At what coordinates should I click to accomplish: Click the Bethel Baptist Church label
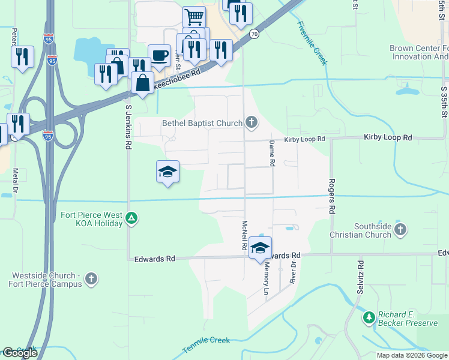(x=202, y=124)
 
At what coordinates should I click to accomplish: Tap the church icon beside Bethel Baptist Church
(x=252, y=124)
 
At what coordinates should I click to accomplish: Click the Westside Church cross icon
(x=91, y=278)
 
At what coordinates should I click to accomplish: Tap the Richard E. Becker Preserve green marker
(x=369, y=316)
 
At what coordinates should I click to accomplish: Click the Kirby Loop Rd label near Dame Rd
(x=304, y=139)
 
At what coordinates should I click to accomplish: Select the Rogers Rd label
(x=331, y=197)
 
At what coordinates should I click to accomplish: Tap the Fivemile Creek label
(x=312, y=43)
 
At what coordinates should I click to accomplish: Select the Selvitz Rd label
(x=360, y=280)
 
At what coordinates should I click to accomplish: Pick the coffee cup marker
(x=159, y=55)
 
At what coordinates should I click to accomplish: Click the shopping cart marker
(x=194, y=16)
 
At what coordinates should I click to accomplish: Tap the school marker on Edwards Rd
(x=261, y=248)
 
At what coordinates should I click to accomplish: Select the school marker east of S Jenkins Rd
(x=167, y=172)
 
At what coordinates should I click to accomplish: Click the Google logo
(x=20, y=353)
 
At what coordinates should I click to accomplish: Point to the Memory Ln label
(x=266, y=281)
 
